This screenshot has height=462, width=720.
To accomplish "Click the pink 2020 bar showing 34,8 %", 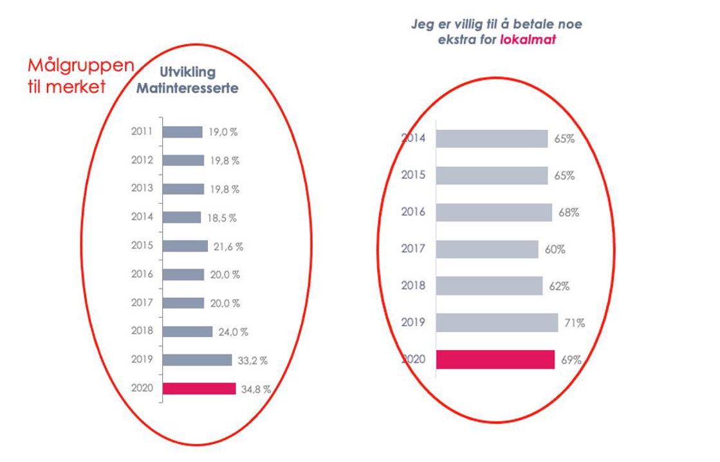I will click(x=199, y=389).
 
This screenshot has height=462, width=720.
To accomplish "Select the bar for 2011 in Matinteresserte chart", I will click(x=182, y=132).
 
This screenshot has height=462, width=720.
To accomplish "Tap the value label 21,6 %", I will click(x=230, y=246).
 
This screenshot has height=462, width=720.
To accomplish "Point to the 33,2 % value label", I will click(x=254, y=360).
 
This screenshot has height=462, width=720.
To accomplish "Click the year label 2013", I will click(x=142, y=189).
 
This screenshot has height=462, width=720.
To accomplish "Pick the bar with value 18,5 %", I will click(x=181, y=217).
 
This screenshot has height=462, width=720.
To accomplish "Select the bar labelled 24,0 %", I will click(x=187, y=331).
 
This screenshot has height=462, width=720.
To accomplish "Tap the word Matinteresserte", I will click(x=187, y=89).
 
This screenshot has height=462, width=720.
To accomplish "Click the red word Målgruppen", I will click(x=81, y=66).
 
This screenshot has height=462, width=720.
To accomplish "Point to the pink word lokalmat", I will click(x=528, y=39).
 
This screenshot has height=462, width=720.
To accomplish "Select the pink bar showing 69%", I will click(x=495, y=360).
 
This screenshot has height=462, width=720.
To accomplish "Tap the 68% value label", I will click(x=569, y=212).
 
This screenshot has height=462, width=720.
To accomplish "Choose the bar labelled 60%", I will click(x=487, y=249).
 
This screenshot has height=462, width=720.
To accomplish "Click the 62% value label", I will click(x=560, y=286).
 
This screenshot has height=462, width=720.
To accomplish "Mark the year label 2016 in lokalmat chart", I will click(x=413, y=212).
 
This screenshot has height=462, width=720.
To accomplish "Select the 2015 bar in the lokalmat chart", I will click(x=492, y=176).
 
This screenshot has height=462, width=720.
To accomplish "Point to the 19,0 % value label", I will click(x=223, y=132).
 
